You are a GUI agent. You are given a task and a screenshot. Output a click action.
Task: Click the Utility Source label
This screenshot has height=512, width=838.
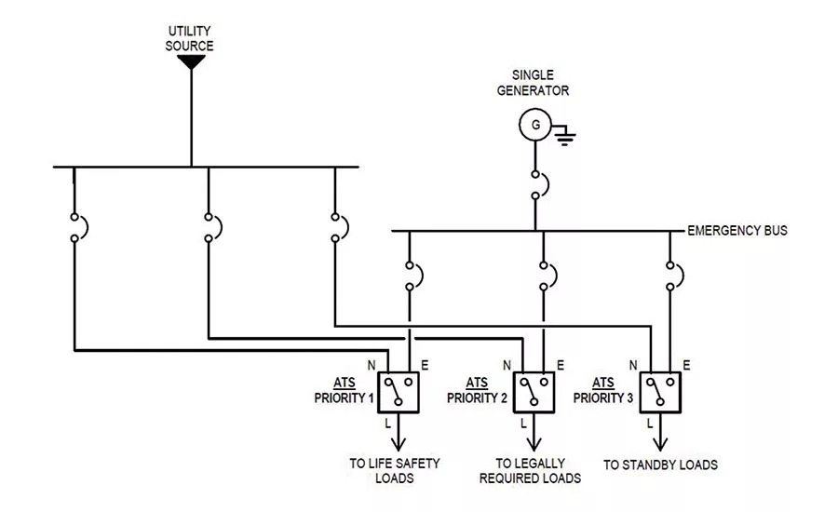pos(189,38)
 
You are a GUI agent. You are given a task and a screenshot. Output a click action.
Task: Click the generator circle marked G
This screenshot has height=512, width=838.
pos(535,125)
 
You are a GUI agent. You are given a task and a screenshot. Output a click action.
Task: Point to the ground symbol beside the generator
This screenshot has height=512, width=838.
pos(564,135)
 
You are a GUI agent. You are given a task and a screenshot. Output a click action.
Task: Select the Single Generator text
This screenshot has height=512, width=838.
pos(533,83)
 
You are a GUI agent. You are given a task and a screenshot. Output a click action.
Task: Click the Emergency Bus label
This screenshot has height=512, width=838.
pos(737,230)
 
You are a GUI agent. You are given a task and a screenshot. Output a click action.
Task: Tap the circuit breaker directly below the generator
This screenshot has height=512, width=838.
pos(539,185)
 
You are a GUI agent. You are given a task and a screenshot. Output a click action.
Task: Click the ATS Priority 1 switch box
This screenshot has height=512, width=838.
pos(399,392)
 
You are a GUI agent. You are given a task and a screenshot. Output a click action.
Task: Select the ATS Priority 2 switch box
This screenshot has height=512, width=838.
pos(534,392)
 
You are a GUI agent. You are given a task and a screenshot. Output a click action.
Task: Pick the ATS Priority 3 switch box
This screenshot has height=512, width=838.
pos(660,392)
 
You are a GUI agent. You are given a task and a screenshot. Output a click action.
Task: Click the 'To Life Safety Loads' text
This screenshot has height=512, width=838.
pos(395,470)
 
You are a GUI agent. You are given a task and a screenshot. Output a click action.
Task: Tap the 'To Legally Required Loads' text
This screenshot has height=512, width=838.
pos(530,470)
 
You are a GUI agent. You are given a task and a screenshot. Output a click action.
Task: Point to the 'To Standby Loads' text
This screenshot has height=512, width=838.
pos(660,465)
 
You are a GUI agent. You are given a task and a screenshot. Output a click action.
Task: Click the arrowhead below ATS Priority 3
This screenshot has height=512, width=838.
pos(660,444)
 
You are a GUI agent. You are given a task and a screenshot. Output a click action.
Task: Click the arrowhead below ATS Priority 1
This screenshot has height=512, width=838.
pos(399,444)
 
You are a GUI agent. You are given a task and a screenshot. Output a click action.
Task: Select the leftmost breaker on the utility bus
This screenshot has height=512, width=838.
pos(78,228)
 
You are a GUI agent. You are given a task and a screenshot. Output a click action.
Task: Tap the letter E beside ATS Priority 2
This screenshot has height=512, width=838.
pos(561,365)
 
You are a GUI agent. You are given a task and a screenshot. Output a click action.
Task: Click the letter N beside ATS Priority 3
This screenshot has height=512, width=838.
pos(633,365)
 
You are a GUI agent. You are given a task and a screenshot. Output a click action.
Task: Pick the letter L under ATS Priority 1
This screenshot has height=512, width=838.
pos(388,424)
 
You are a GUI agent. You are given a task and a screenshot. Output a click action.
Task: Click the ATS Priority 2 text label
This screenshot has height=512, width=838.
pos(477,390)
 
